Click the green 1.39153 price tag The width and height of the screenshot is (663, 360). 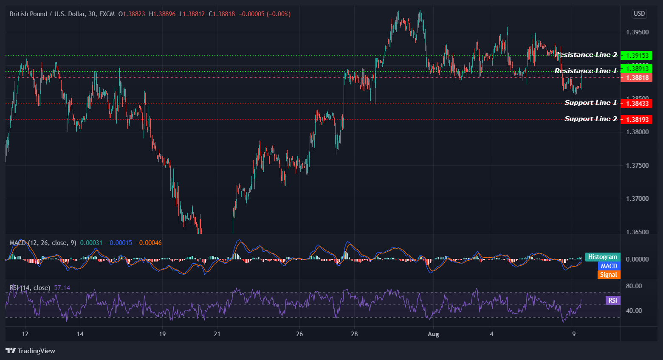pos(636,56)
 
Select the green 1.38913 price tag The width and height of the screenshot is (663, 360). pos(636,68)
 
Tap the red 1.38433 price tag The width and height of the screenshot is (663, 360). pos(636,103)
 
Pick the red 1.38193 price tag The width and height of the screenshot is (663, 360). pos(636,119)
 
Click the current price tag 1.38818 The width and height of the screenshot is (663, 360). pos(636,78)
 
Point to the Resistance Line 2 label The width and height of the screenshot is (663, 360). pos(587,55)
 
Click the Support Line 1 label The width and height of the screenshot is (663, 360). pos(590,103)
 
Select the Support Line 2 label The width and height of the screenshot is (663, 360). pos(590,119)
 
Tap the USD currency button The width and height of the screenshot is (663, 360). pos(639,14)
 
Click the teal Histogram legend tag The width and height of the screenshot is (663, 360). pos(602,257)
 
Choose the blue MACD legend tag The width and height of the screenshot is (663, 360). pos(609,266)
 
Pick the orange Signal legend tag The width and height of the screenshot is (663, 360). pos(608,275)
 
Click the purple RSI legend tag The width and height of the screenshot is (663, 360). pos(612,301)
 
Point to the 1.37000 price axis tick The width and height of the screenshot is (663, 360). pos(638,199)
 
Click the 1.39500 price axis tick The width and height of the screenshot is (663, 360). pos(638,32)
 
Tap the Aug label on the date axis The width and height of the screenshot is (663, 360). pos(433,334)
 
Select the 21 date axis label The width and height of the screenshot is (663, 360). pos(217,334)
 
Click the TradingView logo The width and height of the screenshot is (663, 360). pos(31,351)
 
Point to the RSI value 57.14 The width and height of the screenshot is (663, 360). pos(62,288)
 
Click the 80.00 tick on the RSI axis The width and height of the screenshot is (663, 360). pos(634,286)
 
